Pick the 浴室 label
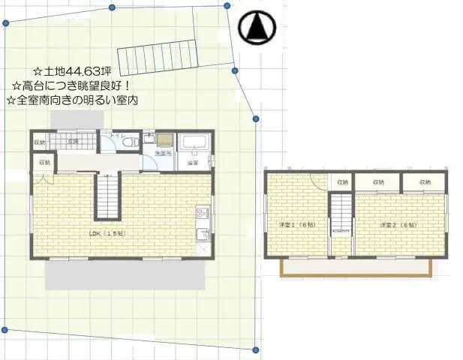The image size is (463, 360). (192, 162)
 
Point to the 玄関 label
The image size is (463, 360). (74, 140)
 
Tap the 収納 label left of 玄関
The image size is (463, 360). (39, 142)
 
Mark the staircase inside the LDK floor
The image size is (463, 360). (107, 196)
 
